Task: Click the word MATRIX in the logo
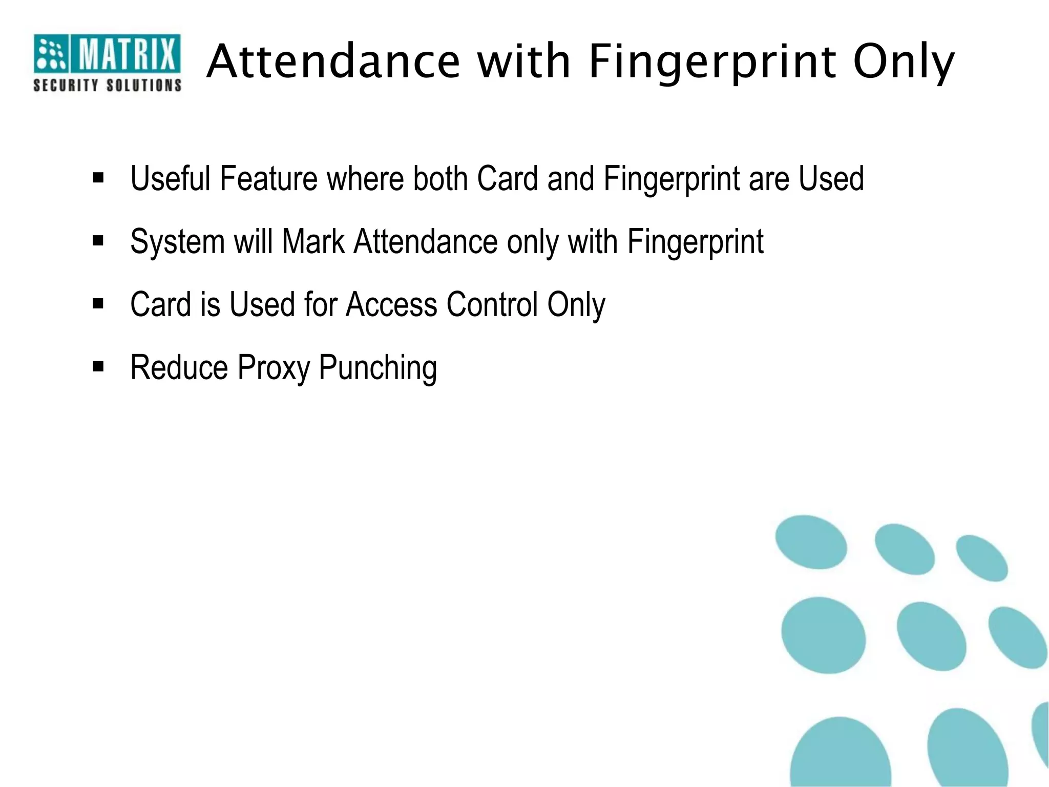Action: pyautogui.click(x=127, y=54)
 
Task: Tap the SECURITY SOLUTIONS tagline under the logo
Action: pyautogui.click(x=107, y=85)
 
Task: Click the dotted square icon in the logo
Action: pyautogui.click(x=51, y=53)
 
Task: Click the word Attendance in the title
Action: pyautogui.click(x=334, y=61)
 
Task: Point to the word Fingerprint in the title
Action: pyautogui.click(x=712, y=63)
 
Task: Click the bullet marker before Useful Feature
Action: pyautogui.click(x=98, y=178)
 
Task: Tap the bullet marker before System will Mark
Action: pyautogui.click(x=98, y=241)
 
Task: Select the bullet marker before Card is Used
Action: pyautogui.click(x=98, y=304)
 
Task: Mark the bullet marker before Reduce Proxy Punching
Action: pyautogui.click(x=98, y=367)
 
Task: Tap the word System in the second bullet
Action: pyautogui.click(x=177, y=242)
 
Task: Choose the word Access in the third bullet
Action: pyautogui.click(x=391, y=304)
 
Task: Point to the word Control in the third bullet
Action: pyautogui.click(x=492, y=304)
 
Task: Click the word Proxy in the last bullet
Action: pyautogui.click(x=274, y=368)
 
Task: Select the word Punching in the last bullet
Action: pyautogui.click(x=378, y=368)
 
